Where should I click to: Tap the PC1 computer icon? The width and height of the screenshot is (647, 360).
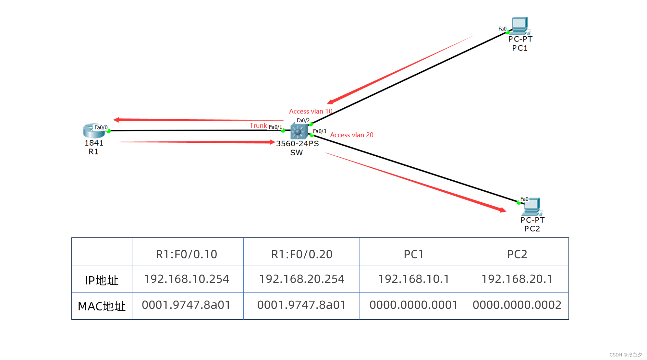(x=519, y=25)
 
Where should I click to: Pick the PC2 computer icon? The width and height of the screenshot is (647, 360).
(x=531, y=206)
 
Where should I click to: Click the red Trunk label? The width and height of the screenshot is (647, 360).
(x=258, y=126)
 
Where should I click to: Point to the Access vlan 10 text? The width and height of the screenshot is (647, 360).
(x=311, y=111)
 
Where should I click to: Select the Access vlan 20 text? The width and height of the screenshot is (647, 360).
(x=351, y=135)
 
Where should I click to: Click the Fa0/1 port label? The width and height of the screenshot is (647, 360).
(x=275, y=127)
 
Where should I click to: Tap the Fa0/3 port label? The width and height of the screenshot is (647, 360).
(x=320, y=131)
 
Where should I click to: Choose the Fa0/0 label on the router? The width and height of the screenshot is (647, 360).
(x=101, y=127)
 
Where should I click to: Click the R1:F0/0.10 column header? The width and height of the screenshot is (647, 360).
(x=187, y=254)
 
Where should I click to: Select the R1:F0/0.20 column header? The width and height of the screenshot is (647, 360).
(x=302, y=254)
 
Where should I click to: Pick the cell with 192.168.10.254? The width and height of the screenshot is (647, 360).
(x=187, y=279)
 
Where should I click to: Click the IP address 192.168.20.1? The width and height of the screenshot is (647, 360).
(x=517, y=279)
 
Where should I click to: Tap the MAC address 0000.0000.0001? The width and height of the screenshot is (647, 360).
(x=413, y=305)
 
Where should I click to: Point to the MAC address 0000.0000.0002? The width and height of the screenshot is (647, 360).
(x=517, y=305)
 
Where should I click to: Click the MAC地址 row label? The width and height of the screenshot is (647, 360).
(x=102, y=306)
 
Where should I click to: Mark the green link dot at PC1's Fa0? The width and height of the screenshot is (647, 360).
(x=508, y=32)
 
